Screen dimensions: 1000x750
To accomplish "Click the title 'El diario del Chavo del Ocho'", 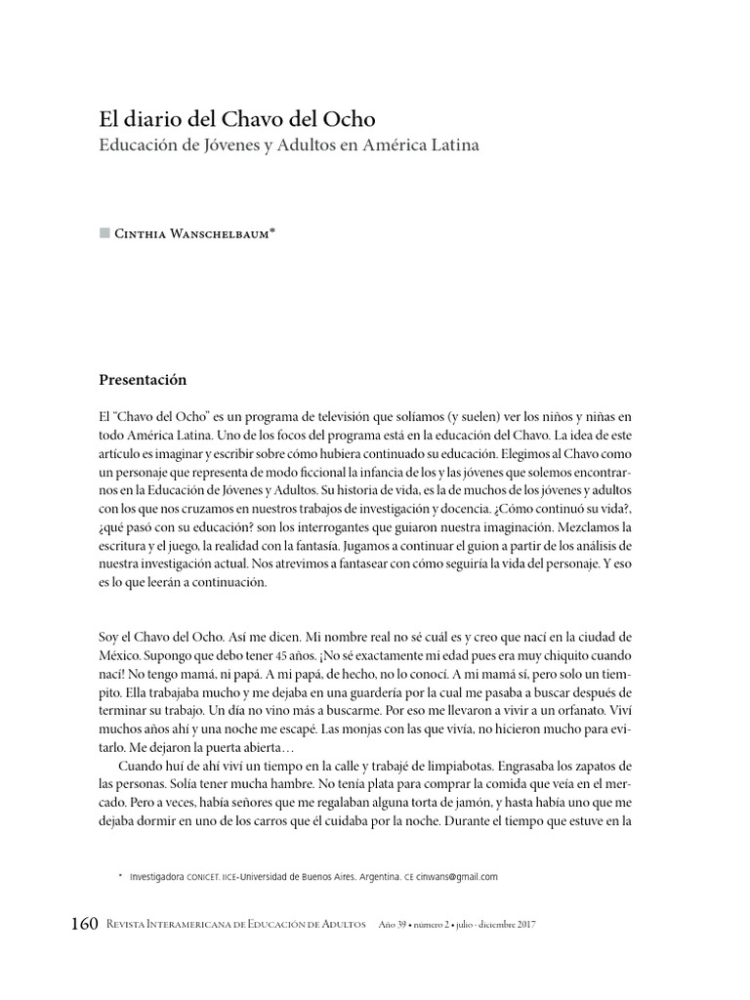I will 237,118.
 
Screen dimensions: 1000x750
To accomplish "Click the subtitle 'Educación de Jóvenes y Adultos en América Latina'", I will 290,146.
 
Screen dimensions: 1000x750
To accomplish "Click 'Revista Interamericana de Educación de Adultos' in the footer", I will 229,925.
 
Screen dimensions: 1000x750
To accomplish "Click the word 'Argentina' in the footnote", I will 372,877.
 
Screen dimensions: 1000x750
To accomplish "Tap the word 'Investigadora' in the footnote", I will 156,877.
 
